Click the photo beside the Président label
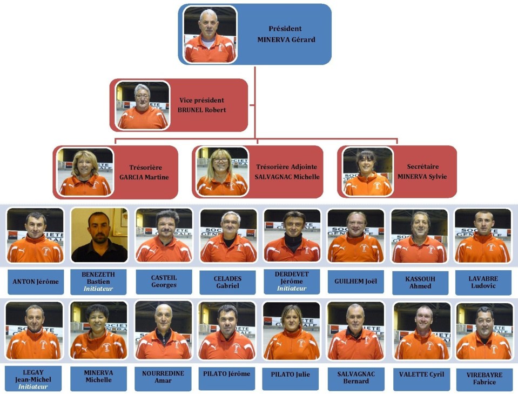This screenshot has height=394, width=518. (x=210, y=35)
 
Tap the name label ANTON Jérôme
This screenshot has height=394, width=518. (x=36, y=282)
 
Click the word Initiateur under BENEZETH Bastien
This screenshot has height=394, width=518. (x=98, y=289)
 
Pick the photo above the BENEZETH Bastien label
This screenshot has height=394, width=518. (x=99, y=235)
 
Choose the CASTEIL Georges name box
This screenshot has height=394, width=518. (x=164, y=282)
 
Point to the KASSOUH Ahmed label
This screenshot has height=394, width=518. (x=420, y=282)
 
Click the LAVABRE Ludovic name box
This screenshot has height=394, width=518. (x=483, y=282)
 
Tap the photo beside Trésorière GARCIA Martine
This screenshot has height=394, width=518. (x=85, y=172)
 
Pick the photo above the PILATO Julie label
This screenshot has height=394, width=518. (x=292, y=331)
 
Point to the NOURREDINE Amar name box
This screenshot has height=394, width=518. (x=163, y=377)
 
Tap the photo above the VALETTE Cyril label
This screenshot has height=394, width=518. (x=421, y=331)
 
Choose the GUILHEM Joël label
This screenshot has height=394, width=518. (x=355, y=282)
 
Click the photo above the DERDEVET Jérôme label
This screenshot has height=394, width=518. (x=292, y=235)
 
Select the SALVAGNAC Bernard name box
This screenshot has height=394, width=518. (x=356, y=377)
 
